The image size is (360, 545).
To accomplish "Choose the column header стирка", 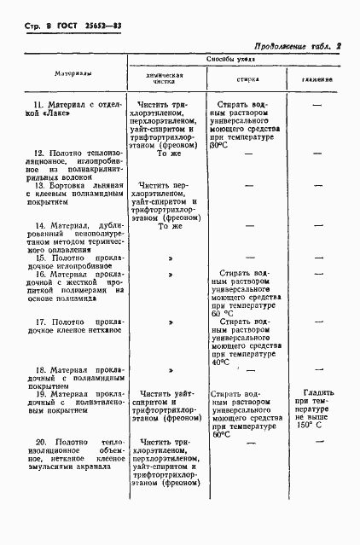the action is pos(248,78).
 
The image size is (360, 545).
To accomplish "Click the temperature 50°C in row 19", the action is pos(221,433).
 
